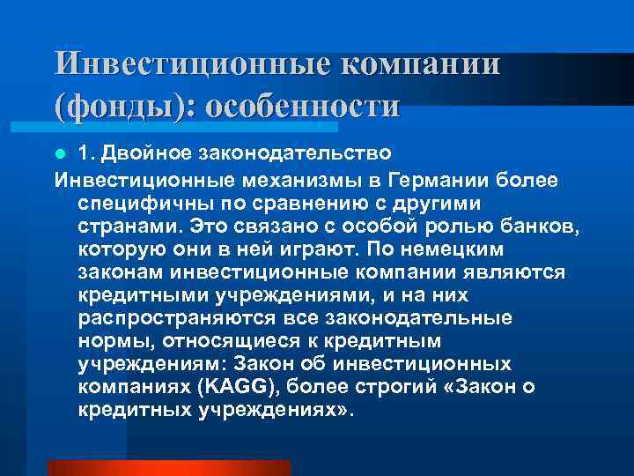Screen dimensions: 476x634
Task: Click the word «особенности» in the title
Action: (x=300, y=107)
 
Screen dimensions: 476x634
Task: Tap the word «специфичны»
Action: (x=136, y=203)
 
